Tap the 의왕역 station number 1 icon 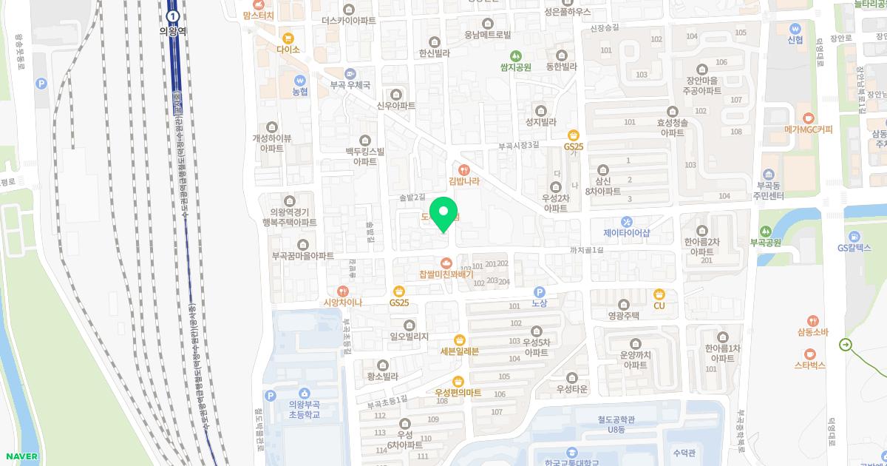tap(173, 16)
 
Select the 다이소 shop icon tap(288, 37)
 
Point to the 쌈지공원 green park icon tap(516, 55)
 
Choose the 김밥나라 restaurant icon tap(464, 168)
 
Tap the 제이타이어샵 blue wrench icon tap(627, 221)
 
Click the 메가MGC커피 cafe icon tap(809, 118)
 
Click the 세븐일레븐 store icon tap(460, 340)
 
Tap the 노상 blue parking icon tap(539, 292)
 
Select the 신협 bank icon tap(795, 25)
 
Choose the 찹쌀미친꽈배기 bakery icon tap(446, 262)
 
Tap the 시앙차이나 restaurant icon tap(341, 291)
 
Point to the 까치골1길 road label tap(587, 251)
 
